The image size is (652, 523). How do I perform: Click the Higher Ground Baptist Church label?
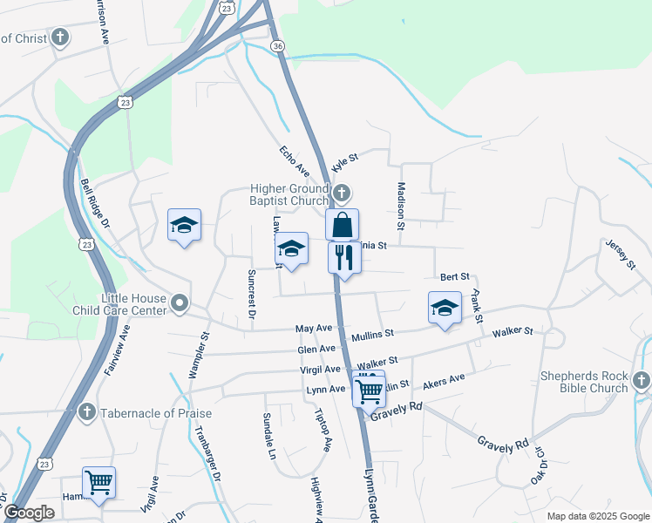click(x=289, y=195)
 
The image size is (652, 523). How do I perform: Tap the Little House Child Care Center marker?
click(x=180, y=303)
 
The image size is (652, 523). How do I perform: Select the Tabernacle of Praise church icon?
click(x=86, y=411)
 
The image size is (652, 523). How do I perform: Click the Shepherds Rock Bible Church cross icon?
click(x=642, y=380)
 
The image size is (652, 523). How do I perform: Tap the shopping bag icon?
click(x=343, y=224)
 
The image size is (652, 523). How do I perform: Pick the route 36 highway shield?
click(x=277, y=45)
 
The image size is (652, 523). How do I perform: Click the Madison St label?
click(x=402, y=206)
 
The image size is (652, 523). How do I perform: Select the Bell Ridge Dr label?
click(x=95, y=203)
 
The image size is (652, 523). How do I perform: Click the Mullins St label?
click(x=373, y=334)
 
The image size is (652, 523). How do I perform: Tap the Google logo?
click(x=29, y=513)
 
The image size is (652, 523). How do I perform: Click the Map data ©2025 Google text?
click(x=598, y=516)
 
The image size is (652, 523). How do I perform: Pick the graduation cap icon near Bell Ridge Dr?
click(x=184, y=227)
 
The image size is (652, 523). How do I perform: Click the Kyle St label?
click(x=346, y=160)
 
